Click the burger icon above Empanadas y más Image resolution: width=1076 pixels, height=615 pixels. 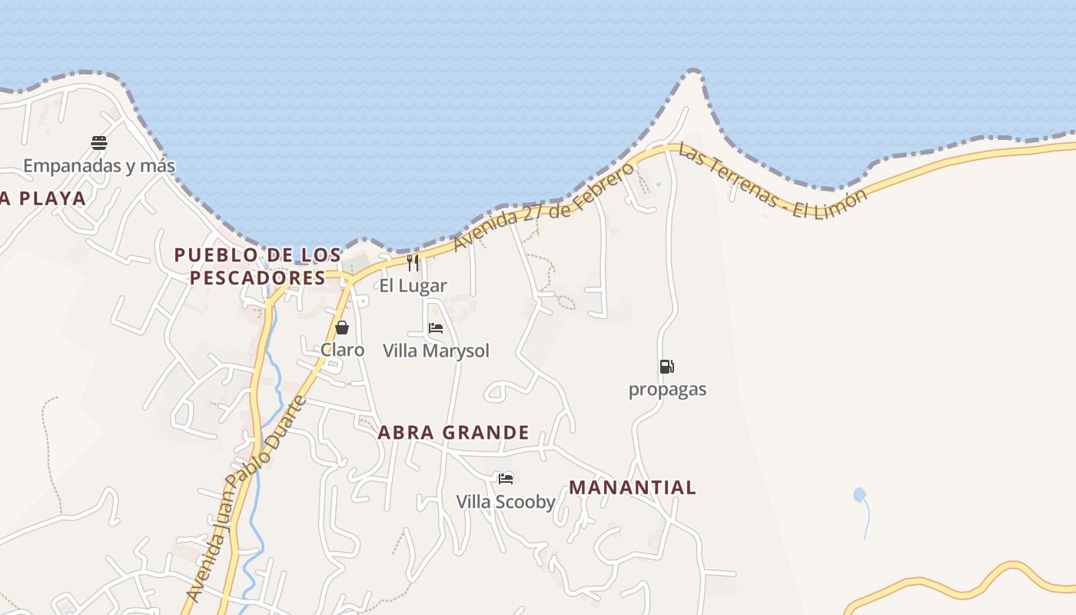(x=99, y=142)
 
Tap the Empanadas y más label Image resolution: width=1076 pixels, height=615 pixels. (x=99, y=165)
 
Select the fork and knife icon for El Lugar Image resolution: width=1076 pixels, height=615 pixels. (x=413, y=263)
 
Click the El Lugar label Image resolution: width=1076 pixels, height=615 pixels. (x=413, y=285)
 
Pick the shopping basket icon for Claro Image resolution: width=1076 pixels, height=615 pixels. (x=342, y=327)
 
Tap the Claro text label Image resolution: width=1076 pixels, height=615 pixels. (x=342, y=350)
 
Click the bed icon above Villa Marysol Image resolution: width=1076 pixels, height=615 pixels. (x=436, y=328)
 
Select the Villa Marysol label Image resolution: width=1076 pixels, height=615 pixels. (x=436, y=351)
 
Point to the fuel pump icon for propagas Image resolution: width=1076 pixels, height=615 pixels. (x=666, y=367)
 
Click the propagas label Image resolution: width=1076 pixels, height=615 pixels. (x=667, y=389)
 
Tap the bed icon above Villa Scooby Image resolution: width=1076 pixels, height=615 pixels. (x=505, y=479)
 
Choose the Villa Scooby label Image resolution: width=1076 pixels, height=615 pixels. (x=506, y=502)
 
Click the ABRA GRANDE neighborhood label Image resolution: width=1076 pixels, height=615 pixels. (x=453, y=433)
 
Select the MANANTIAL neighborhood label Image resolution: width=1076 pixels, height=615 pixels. (x=633, y=487)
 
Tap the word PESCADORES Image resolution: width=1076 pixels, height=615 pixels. (x=257, y=278)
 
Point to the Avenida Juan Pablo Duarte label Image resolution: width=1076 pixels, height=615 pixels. (x=246, y=500)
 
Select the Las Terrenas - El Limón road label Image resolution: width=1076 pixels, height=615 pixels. (x=772, y=183)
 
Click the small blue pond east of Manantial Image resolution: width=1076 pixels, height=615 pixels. (x=859, y=495)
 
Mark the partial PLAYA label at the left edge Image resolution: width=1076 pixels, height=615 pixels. (x=43, y=198)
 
